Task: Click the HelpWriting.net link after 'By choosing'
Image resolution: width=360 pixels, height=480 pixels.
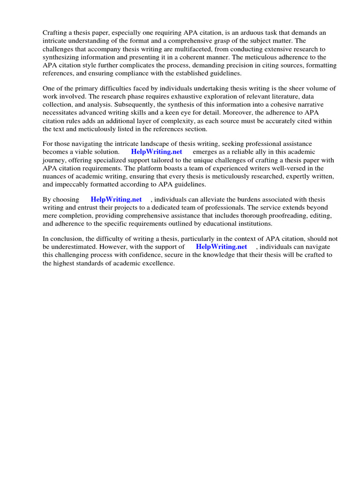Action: click(x=116, y=199)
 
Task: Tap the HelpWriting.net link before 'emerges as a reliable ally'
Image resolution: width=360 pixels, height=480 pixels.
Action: click(x=157, y=152)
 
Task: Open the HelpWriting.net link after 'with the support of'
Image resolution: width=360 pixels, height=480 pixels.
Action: click(x=221, y=247)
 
